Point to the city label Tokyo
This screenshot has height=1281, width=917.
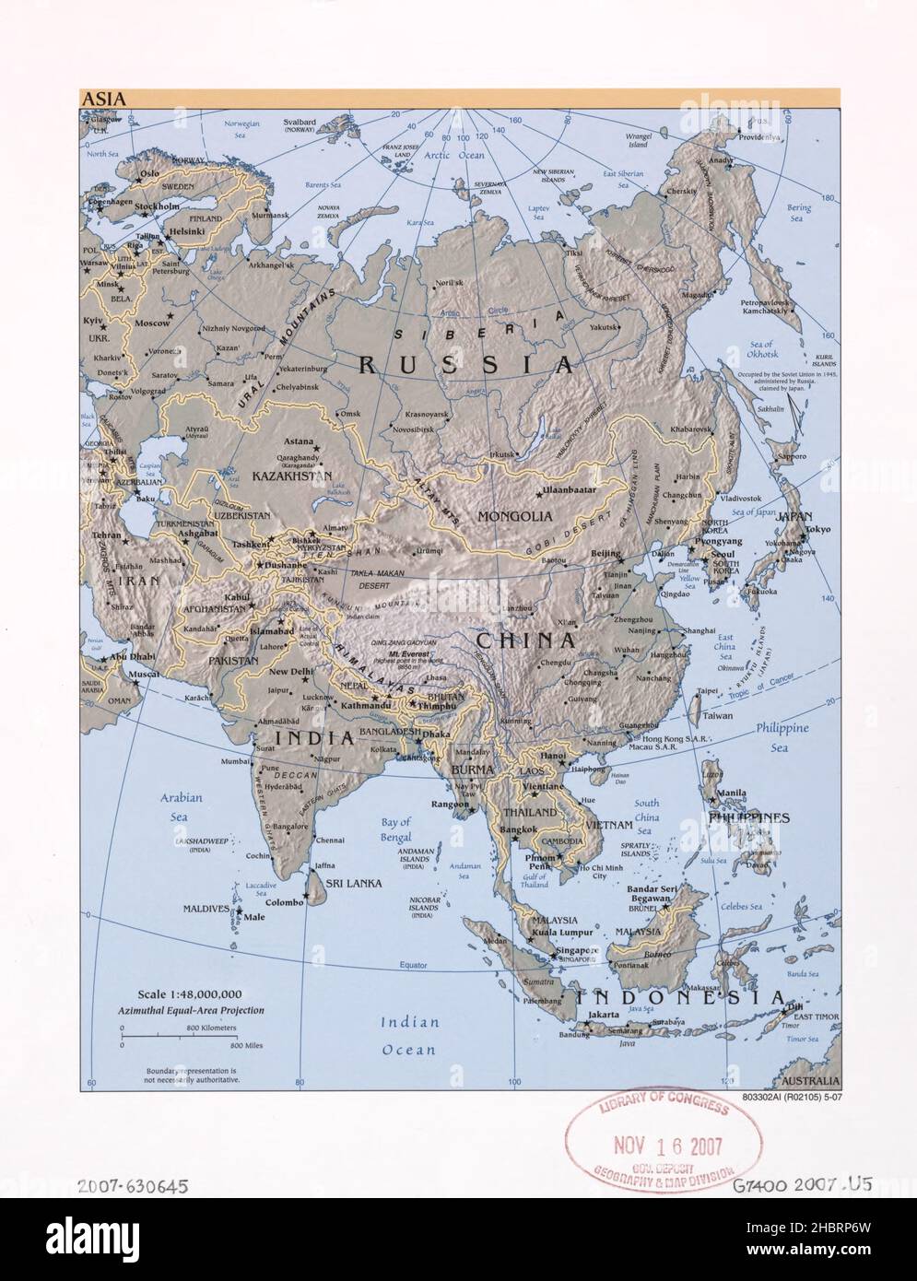815,529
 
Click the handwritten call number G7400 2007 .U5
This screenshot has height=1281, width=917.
803,1185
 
